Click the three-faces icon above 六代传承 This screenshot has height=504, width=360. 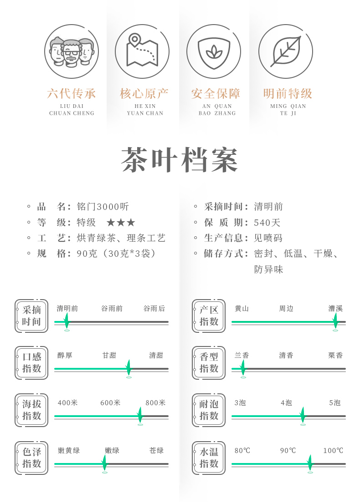pos(72,51)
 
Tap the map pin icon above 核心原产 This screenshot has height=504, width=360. pos(142,51)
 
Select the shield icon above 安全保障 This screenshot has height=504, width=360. pos(214,51)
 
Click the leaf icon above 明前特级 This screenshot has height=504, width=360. pos(286,51)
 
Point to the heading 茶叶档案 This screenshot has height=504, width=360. pos(180,160)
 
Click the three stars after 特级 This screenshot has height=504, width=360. pos(121,223)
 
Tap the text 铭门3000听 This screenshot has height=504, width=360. pos(103,207)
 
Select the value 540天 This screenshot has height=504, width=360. pos(267,223)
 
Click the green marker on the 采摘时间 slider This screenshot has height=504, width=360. pos(67,321)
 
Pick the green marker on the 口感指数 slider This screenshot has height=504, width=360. pos(129,368)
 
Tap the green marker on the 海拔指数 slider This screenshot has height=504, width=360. pos(140,415)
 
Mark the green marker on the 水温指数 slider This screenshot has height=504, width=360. pos(310,463)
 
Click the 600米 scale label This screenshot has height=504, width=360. pos(111,403)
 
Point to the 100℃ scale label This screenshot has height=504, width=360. pos(333,451)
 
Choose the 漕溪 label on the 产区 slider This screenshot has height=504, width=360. pos(335,309)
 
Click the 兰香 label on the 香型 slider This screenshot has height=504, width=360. pos(242,356)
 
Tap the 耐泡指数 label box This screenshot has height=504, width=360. pos(209,410)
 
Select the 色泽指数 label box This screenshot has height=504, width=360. pos(31,458)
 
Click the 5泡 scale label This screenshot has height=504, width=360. pos(335,403)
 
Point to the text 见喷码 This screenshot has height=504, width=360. pos(268,238)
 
